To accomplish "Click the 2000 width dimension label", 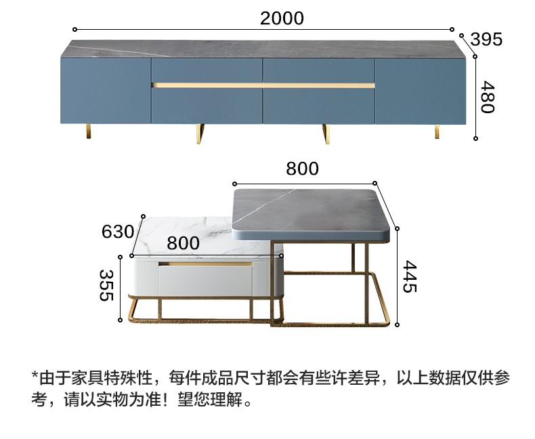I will (282, 18).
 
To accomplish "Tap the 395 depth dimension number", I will (486, 39).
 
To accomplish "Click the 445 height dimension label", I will (408, 276).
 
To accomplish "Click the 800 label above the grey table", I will (302, 169).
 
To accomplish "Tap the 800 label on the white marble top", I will (183, 243).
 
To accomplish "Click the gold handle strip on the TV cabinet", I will (263, 85).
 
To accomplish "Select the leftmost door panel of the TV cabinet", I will (105, 91).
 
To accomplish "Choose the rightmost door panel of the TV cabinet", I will (421, 91).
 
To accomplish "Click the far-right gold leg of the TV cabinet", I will (437, 131).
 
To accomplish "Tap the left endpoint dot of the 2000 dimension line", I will (74, 29).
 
